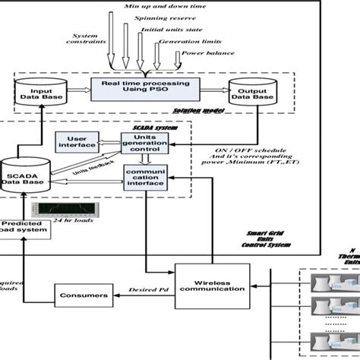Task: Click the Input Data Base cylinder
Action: (43, 92)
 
